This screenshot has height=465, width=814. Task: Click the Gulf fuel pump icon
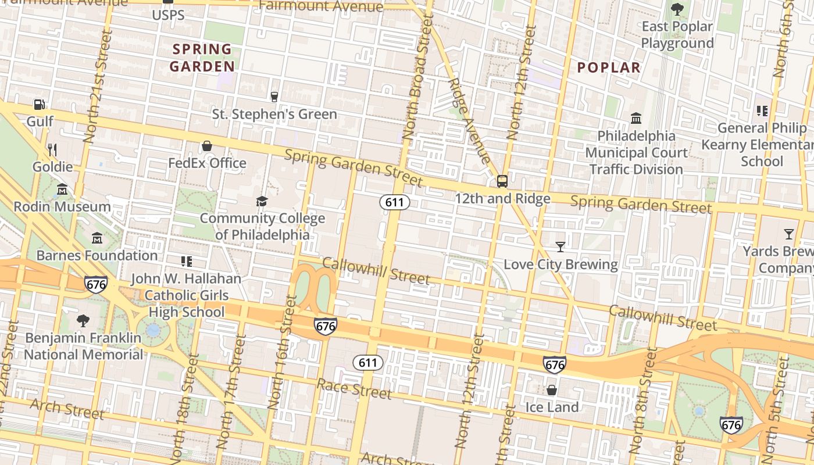click(x=39, y=105)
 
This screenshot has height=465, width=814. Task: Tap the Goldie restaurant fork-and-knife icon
click(x=52, y=150)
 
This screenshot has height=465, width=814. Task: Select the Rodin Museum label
click(x=62, y=206)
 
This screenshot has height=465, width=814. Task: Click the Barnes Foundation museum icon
click(x=97, y=238)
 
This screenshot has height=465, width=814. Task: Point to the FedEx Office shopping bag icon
click(x=206, y=146)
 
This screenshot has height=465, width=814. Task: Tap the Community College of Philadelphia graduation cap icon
click(x=262, y=201)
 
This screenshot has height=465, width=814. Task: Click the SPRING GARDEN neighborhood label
click(x=202, y=58)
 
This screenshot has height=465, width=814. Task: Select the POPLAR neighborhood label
click(x=609, y=67)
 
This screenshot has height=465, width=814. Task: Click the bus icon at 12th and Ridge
click(x=502, y=181)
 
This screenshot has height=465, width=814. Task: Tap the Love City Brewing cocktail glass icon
click(x=560, y=247)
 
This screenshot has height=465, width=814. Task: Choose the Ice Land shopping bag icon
click(x=551, y=390)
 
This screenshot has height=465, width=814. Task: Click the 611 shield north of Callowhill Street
click(x=395, y=202)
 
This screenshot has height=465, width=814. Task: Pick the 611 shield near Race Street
click(x=368, y=363)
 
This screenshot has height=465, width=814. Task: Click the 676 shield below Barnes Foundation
click(x=95, y=284)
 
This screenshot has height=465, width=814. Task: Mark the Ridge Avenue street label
click(x=470, y=121)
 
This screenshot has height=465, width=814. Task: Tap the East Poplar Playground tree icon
click(x=677, y=9)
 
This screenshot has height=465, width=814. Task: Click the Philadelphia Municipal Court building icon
click(x=636, y=119)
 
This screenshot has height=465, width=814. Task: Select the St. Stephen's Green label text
click(x=274, y=114)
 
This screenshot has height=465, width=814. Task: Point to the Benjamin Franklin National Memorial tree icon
click(x=83, y=320)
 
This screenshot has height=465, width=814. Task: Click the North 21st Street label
click(x=97, y=87)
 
